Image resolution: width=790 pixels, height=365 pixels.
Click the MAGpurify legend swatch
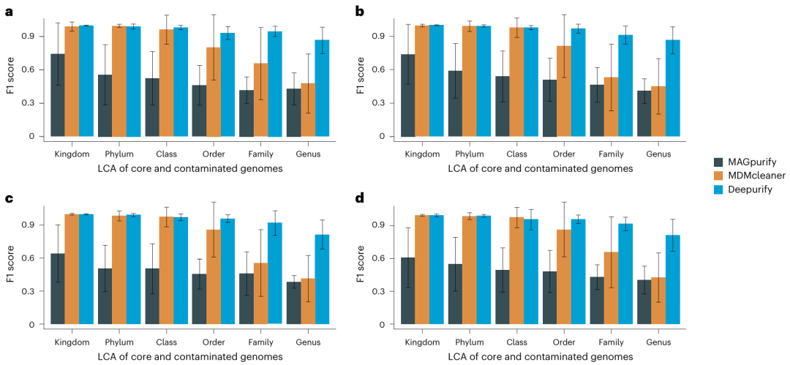718,162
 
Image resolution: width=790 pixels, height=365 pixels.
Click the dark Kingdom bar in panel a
57,95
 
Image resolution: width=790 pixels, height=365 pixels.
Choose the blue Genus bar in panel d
673,279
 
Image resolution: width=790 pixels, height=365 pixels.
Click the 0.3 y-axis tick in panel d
375,291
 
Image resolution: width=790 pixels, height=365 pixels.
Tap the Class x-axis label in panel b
516,154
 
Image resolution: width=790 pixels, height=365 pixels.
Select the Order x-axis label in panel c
213,342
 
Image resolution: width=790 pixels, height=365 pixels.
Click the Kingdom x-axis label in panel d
423,342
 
